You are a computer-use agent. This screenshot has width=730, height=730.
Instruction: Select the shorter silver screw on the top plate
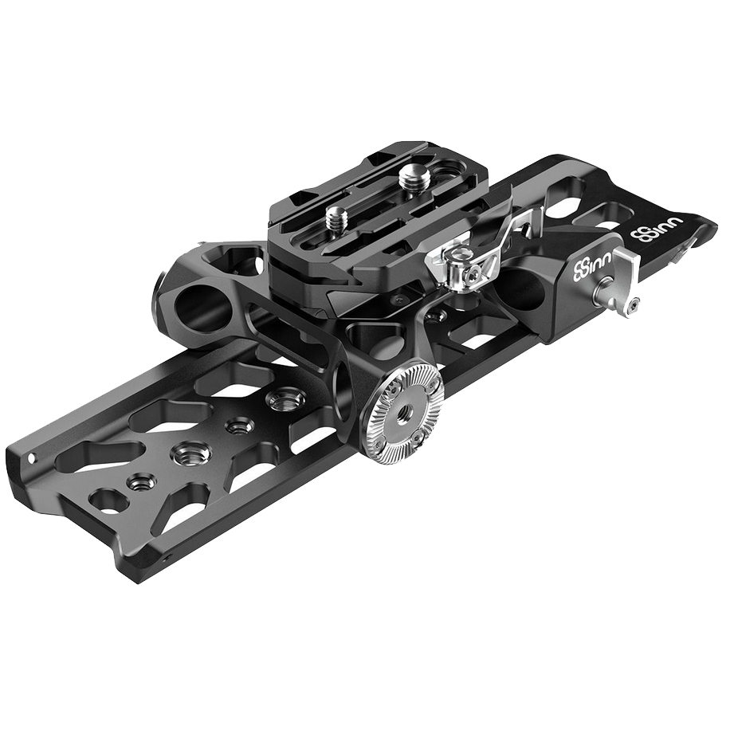point(334,216)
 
